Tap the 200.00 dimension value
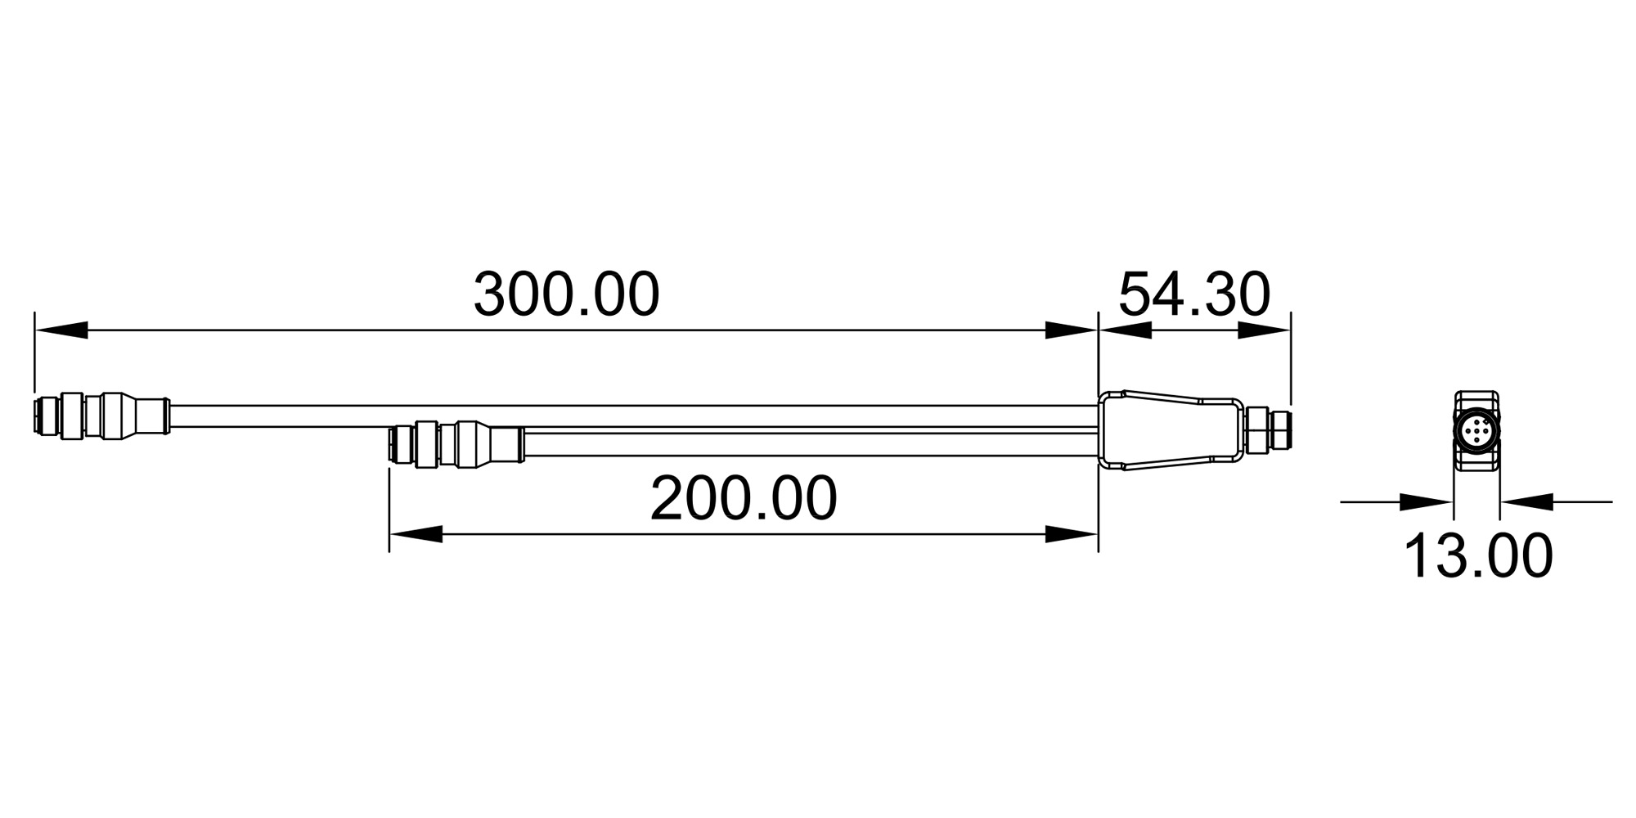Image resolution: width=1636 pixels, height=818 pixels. pyautogui.click(x=744, y=498)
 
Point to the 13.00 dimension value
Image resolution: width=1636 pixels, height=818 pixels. pyautogui.click(x=1478, y=556)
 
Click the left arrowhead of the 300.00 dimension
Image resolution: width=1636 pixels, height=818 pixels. pyautogui.click(x=61, y=330)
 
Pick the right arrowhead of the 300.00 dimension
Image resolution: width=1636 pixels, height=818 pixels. pyautogui.click(x=1072, y=330)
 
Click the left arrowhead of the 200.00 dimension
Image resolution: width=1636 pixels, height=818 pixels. pyautogui.click(x=416, y=534)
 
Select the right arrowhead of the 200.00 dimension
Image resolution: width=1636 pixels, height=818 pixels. pyautogui.click(x=1072, y=534)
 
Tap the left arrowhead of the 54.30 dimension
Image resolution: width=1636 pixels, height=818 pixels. pyautogui.click(x=1125, y=330)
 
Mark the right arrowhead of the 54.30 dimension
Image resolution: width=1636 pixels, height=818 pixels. pyautogui.click(x=1264, y=330)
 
